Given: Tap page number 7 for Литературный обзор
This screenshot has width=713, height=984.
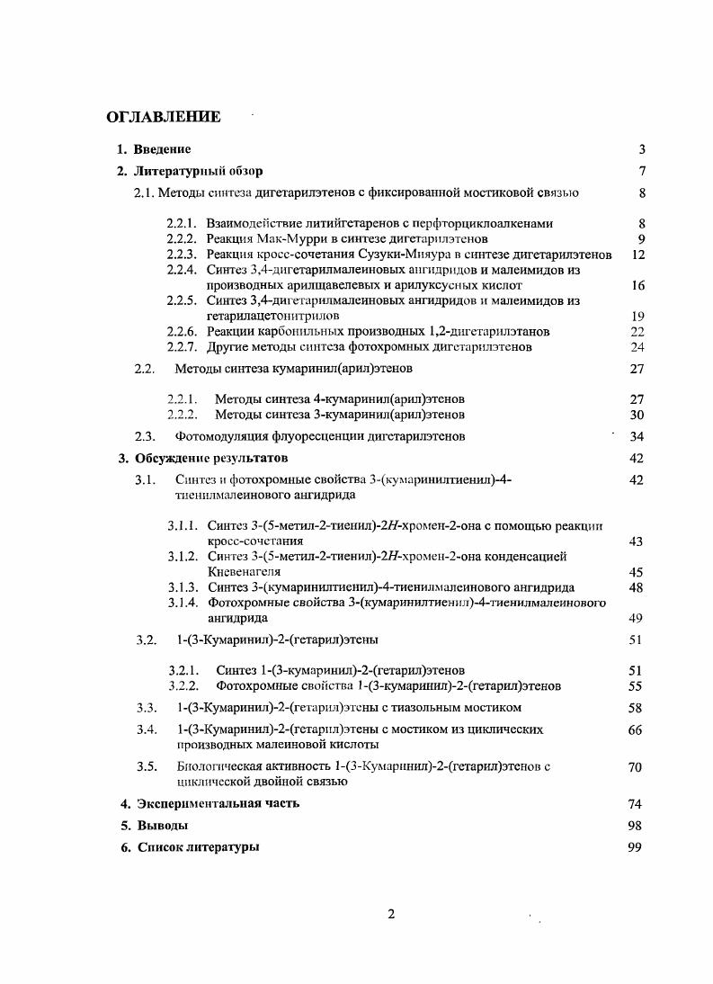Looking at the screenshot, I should (642, 171).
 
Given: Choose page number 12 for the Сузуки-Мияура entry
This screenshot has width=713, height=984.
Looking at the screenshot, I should (638, 255).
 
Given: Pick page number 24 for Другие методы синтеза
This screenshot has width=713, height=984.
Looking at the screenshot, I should (638, 346).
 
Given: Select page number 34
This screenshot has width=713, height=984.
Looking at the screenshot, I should (638, 436).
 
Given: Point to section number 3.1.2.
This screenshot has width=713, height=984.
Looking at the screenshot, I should (183, 556).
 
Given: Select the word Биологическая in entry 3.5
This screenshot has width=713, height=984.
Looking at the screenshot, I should (219, 766).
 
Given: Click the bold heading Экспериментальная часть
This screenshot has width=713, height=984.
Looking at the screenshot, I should (217, 803).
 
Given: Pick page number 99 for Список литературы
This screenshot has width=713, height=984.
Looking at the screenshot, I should (635, 846).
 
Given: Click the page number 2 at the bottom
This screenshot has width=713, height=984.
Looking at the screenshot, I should (391, 915).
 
